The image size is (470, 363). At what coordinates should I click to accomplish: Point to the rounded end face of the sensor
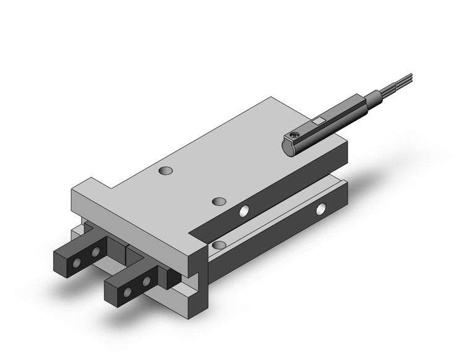pyautogui.click(x=288, y=147)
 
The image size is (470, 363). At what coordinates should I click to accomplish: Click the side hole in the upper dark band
pyautogui.click(x=246, y=211)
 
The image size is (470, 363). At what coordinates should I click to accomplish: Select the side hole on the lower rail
pyautogui.click(x=320, y=209)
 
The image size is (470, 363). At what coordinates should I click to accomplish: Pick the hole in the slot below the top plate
pyautogui.click(x=217, y=246)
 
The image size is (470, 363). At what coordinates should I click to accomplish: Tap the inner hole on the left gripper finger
pyautogui.click(x=95, y=253)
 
